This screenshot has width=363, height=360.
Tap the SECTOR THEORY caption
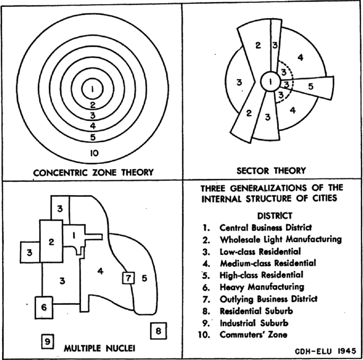(x=271, y=171)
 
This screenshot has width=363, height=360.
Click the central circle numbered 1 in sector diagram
(x=272, y=82)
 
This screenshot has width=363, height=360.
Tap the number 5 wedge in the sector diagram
(x=311, y=85)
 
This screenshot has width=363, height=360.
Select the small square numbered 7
(x=128, y=277)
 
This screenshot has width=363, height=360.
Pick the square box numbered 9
(x=47, y=342)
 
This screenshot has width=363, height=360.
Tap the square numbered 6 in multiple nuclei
(x=45, y=306)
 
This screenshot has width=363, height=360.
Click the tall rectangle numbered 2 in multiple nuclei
(x=52, y=242)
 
